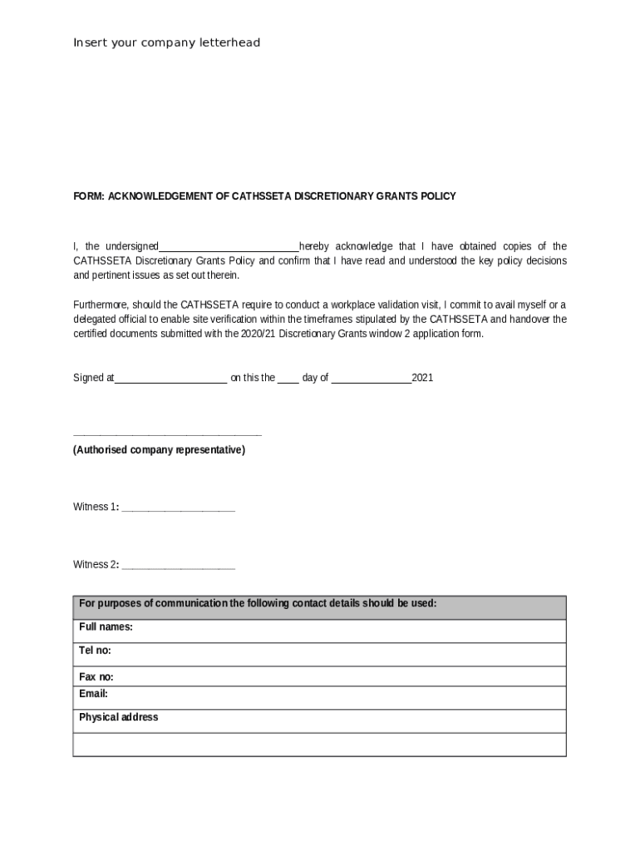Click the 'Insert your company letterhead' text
click(167, 42)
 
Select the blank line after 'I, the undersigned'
click(229, 247)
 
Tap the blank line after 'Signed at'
click(170, 379)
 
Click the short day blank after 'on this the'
click(288, 379)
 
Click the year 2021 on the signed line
click(422, 378)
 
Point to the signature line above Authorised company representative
click(167, 434)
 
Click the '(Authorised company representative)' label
click(159, 450)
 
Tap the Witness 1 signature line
click(178, 508)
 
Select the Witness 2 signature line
click(178, 567)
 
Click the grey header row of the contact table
click(319, 607)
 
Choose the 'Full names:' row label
click(106, 627)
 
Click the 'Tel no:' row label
click(95, 651)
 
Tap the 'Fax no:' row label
click(96, 677)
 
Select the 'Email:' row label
click(93, 694)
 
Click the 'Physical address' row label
click(118, 717)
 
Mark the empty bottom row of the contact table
click(319, 744)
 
